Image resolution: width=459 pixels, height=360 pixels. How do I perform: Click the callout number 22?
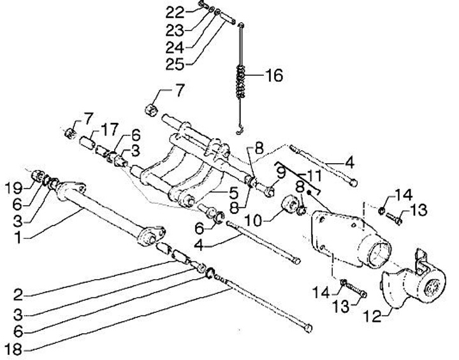(175, 11)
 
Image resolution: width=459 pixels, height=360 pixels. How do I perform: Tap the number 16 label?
(273, 76)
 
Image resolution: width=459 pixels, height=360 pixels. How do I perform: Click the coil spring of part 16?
(241, 79)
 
